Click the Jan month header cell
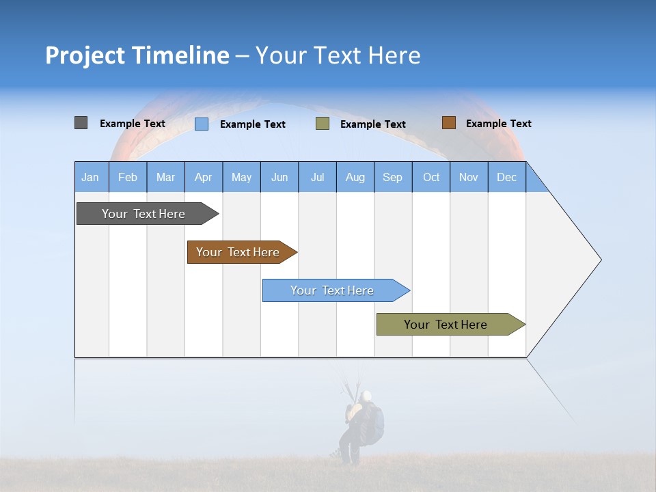(91, 177)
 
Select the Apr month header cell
(204, 177)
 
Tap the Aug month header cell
(355, 177)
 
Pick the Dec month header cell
(507, 177)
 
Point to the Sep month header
(393, 177)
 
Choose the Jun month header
(279, 177)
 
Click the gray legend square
(81, 123)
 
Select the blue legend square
(201, 124)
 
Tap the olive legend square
(323, 124)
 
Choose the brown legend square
(448, 123)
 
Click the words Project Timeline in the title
(137, 55)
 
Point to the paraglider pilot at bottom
(360, 427)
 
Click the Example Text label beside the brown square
(498, 124)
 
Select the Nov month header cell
(469, 177)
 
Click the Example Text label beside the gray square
(132, 124)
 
